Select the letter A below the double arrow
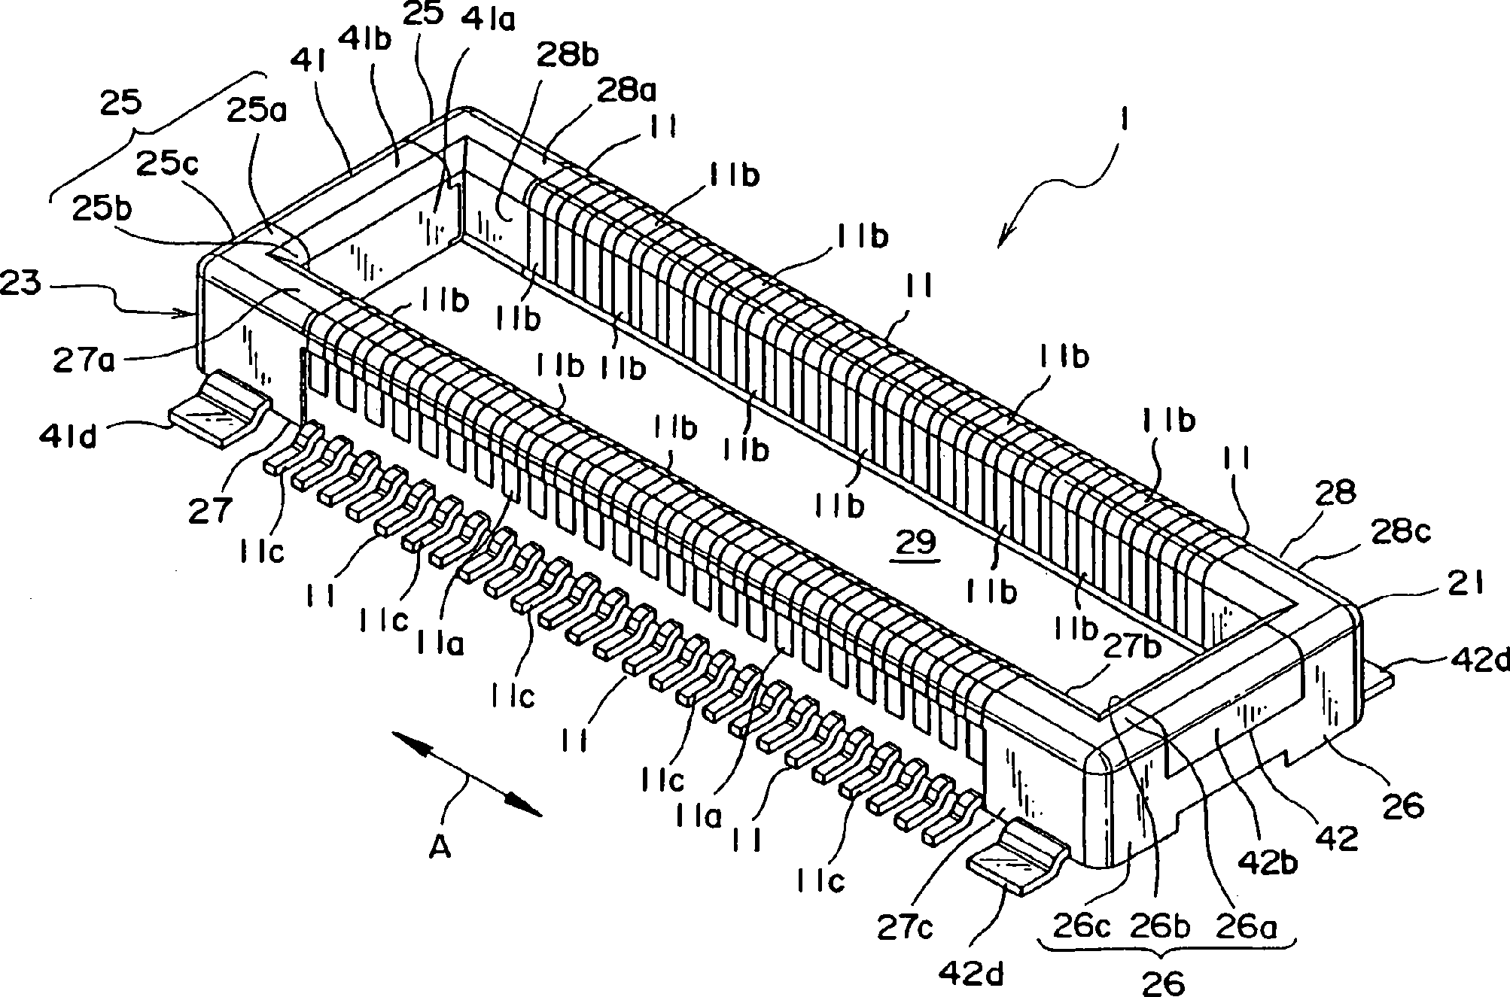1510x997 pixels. click(441, 848)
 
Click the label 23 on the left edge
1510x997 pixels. click(22, 284)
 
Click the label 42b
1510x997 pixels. click(1277, 862)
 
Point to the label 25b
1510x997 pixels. click(103, 208)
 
